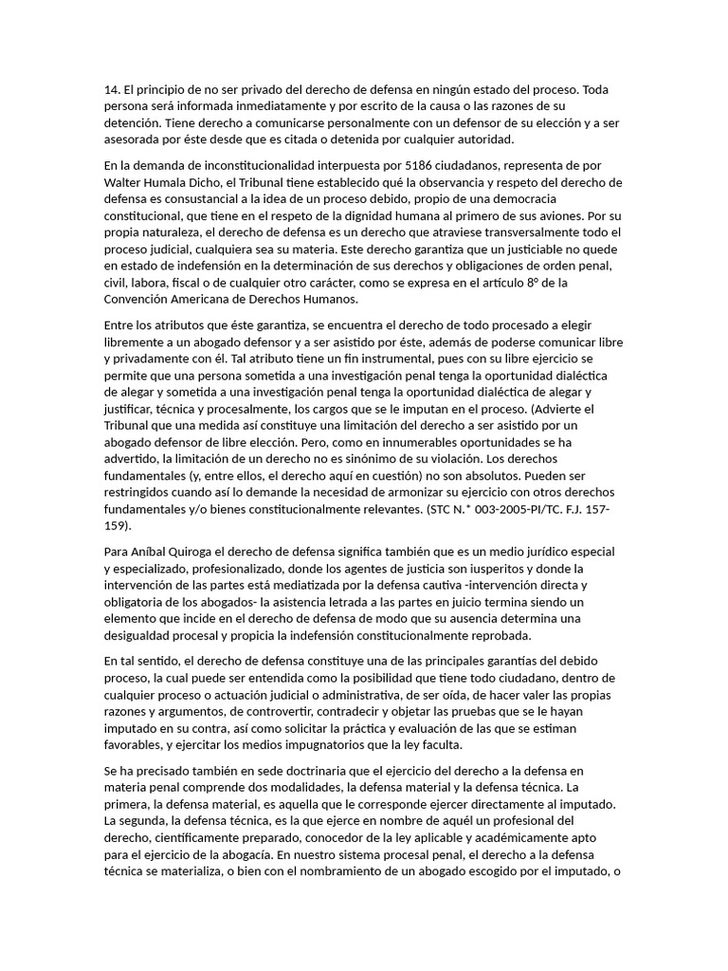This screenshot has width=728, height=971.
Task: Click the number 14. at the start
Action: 114,90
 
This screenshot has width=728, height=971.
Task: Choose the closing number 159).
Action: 118,526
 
